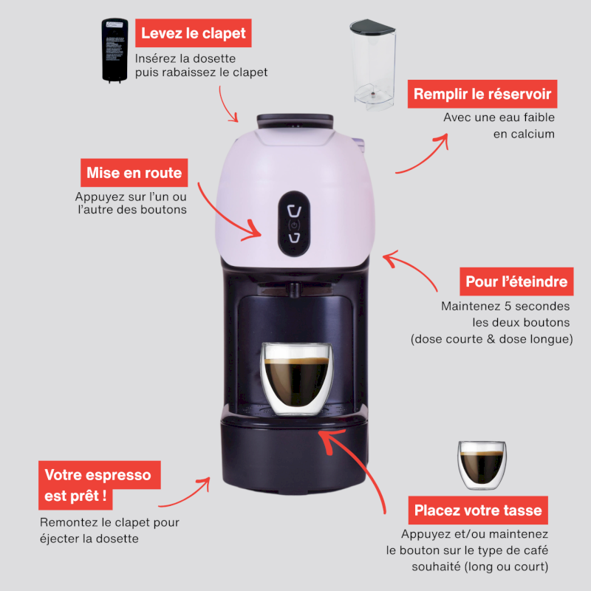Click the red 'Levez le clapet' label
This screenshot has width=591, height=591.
(x=194, y=33)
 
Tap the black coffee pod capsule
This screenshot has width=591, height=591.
(x=115, y=50)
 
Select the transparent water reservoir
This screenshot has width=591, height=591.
(x=373, y=65)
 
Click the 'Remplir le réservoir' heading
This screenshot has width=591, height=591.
(x=482, y=94)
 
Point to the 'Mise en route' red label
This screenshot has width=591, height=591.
(x=134, y=173)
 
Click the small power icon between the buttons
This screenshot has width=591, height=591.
(x=294, y=225)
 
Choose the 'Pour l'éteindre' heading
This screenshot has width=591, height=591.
(x=516, y=281)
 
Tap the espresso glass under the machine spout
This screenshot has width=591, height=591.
(x=297, y=379)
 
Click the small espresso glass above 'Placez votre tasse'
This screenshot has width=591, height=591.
(x=482, y=465)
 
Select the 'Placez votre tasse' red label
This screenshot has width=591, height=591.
(x=478, y=510)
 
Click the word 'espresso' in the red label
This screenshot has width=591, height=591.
(x=118, y=475)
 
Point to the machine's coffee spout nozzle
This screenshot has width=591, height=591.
(x=294, y=290)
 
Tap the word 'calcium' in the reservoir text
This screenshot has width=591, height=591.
(x=534, y=134)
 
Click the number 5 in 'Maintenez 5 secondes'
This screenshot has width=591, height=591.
(x=508, y=306)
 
